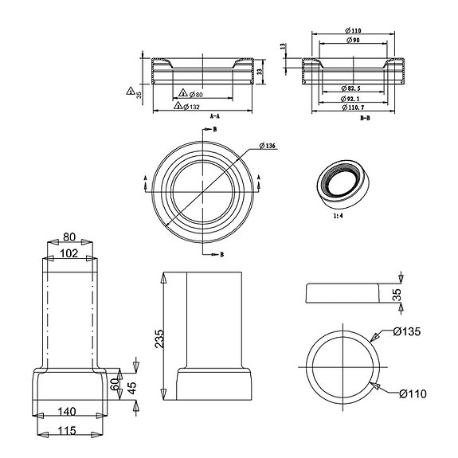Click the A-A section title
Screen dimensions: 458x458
tap(214, 116)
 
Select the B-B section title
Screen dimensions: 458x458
tap(365, 117)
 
